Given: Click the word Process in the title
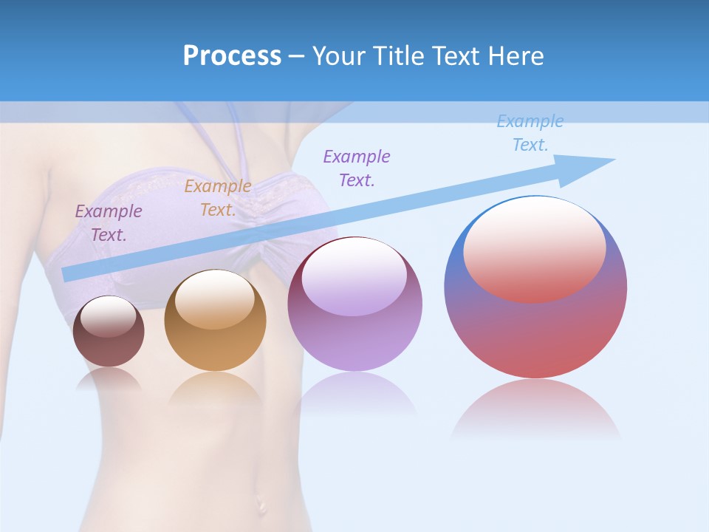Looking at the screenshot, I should click(232, 56).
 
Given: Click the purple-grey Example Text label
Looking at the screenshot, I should click(109, 222).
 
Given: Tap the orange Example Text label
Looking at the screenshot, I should click(218, 198).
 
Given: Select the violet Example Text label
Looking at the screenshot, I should click(357, 168).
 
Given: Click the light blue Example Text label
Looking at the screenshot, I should click(530, 133).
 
